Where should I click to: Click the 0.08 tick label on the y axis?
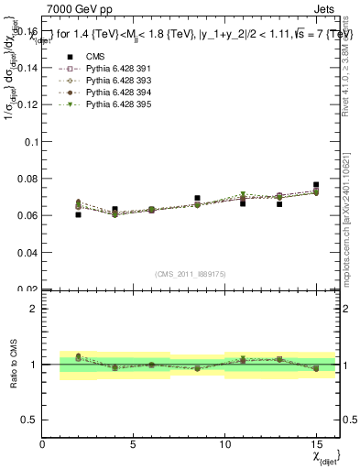coord(27,179)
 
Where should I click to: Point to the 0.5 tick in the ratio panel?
coord(30,420)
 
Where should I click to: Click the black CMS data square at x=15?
coord(316,185)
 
